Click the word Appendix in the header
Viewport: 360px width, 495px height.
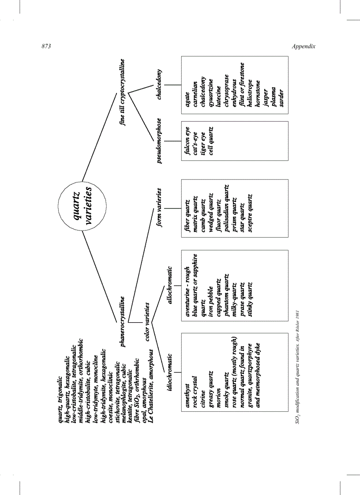[303, 47]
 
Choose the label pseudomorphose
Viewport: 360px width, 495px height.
[159, 140]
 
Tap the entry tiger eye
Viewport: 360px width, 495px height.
[203, 141]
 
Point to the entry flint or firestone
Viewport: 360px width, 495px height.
[242, 85]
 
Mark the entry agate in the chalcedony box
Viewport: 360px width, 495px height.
[187, 97]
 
